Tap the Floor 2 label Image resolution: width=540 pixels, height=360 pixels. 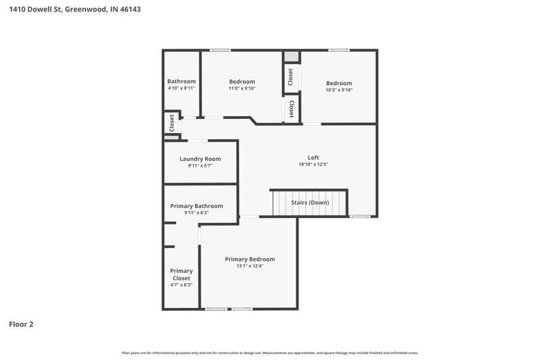[x=21, y=324]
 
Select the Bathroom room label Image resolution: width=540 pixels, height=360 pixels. [x=182, y=81]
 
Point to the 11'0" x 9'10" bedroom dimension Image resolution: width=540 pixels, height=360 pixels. [x=242, y=89]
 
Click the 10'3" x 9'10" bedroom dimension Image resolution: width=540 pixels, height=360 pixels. [x=340, y=90]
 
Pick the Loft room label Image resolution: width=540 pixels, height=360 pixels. [x=313, y=157]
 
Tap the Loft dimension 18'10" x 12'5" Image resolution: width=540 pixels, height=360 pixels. [x=313, y=165]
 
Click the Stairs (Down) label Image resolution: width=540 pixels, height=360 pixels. [x=310, y=202]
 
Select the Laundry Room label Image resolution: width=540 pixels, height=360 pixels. [x=200, y=159]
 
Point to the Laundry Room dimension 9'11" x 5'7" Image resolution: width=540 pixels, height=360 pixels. [x=200, y=166]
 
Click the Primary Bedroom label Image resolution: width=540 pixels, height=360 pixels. [x=250, y=259]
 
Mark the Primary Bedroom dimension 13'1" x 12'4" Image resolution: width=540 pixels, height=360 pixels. [x=250, y=267]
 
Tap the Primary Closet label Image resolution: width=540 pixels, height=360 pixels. [x=182, y=274]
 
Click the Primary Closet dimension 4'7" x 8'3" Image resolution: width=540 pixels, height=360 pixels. [x=182, y=285]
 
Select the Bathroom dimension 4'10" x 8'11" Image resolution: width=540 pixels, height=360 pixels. [x=182, y=88]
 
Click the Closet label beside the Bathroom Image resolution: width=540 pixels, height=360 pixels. [x=172, y=122]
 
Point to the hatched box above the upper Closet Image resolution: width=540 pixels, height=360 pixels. [x=291, y=57]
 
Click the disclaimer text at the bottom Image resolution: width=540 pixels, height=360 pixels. [x=270, y=353]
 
